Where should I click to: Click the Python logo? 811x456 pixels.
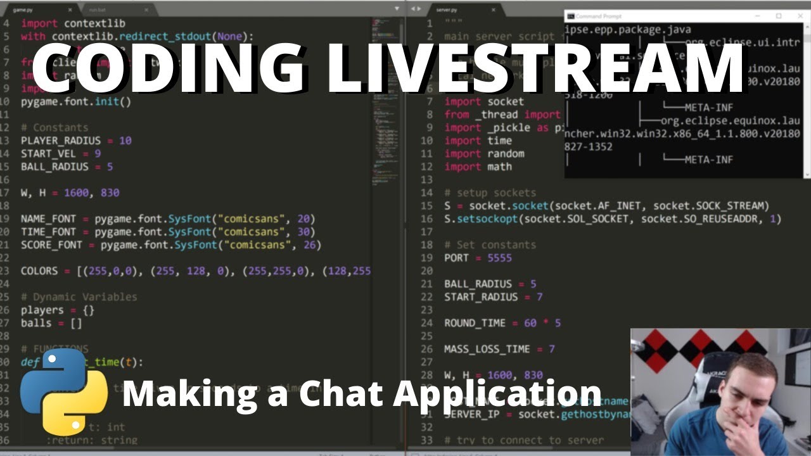click(x=64, y=391)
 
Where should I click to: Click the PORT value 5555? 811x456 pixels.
click(x=499, y=258)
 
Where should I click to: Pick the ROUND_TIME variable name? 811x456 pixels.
click(x=475, y=323)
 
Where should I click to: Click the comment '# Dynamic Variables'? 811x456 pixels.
click(x=79, y=297)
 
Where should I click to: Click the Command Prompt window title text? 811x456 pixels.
click(x=599, y=16)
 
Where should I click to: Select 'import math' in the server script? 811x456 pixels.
click(x=478, y=167)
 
